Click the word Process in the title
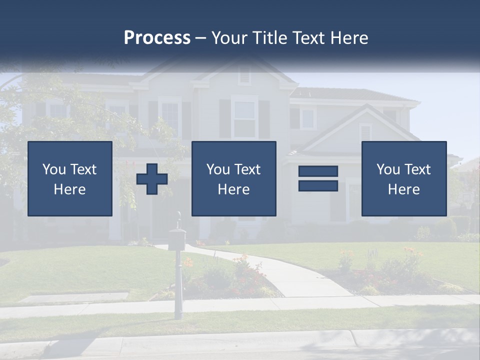(x=157, y=38)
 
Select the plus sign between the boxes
(x=152, y=179)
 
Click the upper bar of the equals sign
(x=318, y=171)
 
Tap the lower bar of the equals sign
(x=318, y=185)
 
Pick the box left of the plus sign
(x=70, y=178)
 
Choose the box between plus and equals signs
(x=233, y=178)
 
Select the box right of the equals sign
(x=403, y=178)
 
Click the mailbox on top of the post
(x=177, y=237)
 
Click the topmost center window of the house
(x=244, y=118)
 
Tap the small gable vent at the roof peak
(x=244, y=75)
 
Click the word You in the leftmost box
(x=54, y=169)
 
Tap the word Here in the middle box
(x=233, y=189)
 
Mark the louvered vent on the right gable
(x=365, y=132)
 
